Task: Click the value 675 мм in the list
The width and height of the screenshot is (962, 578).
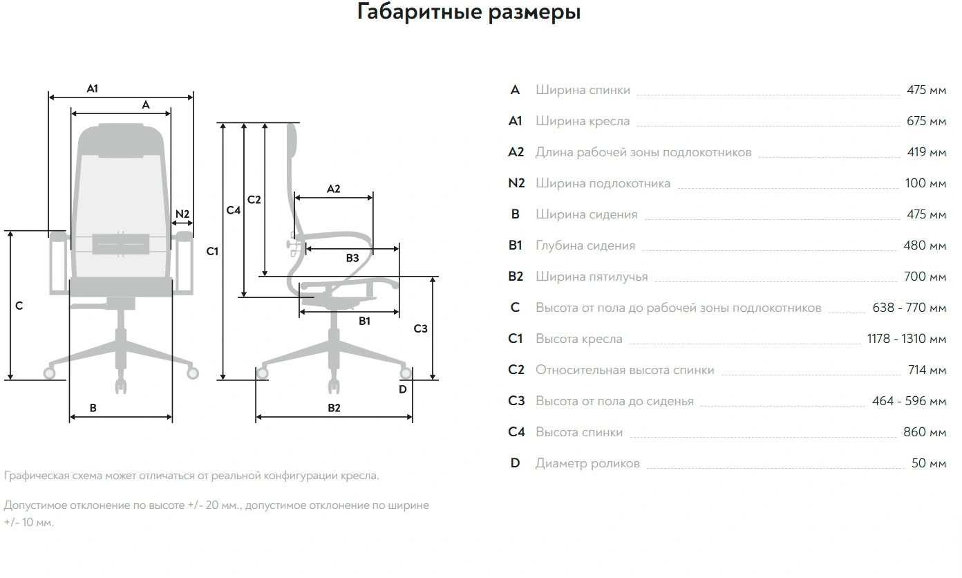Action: [926, 121]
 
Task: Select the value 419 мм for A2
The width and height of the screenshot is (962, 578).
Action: [926, 152]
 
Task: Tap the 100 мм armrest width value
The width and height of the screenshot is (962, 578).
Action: [925, 183]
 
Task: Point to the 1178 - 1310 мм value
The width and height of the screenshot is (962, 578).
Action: [906, 339]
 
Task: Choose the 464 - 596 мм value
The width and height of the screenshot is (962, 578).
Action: [909, 401]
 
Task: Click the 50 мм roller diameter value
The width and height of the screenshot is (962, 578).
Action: [928, 463]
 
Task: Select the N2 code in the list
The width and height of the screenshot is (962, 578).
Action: [516, 183]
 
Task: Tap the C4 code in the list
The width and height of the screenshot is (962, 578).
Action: [516, 432]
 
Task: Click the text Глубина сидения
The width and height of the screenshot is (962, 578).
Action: [585, 245]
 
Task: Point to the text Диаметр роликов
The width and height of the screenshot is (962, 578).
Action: [587, 463]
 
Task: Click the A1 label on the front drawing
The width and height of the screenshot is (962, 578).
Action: [93, 88]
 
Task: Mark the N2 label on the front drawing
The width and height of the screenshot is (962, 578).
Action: [182, 214]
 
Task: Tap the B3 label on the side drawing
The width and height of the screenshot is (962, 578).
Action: [352, 258]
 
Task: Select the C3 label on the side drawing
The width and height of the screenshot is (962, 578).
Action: [420, 328]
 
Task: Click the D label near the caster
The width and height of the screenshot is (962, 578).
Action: [403, 389]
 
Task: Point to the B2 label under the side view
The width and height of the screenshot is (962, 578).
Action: [334, 408]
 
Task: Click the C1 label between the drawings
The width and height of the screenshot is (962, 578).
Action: [212, 251]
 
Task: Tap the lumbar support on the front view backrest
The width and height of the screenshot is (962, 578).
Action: [121, 244]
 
